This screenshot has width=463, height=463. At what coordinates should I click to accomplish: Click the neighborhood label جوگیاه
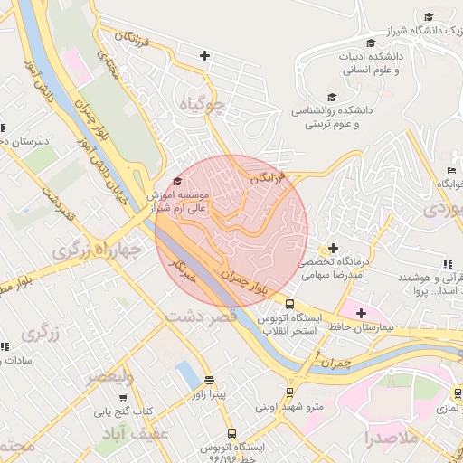coord(200,105)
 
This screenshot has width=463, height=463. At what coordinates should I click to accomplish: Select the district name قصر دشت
coord(201,317)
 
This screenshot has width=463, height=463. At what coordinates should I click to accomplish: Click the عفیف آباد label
coord(132,436)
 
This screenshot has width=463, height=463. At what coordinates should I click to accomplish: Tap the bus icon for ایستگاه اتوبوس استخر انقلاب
coord(289,305)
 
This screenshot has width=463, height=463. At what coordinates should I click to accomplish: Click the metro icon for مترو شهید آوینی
coord(289,392)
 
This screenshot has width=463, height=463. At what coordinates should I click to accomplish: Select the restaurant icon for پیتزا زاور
coord(210,381)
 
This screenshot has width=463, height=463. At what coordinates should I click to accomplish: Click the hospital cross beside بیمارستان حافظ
coord(361,313)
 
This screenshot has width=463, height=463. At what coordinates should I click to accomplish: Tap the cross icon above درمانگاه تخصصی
coord(333,248)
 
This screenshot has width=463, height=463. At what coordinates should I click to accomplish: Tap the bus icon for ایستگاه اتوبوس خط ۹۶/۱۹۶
coord(231,434)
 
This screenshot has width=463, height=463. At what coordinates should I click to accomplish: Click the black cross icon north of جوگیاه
coord(205,56)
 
